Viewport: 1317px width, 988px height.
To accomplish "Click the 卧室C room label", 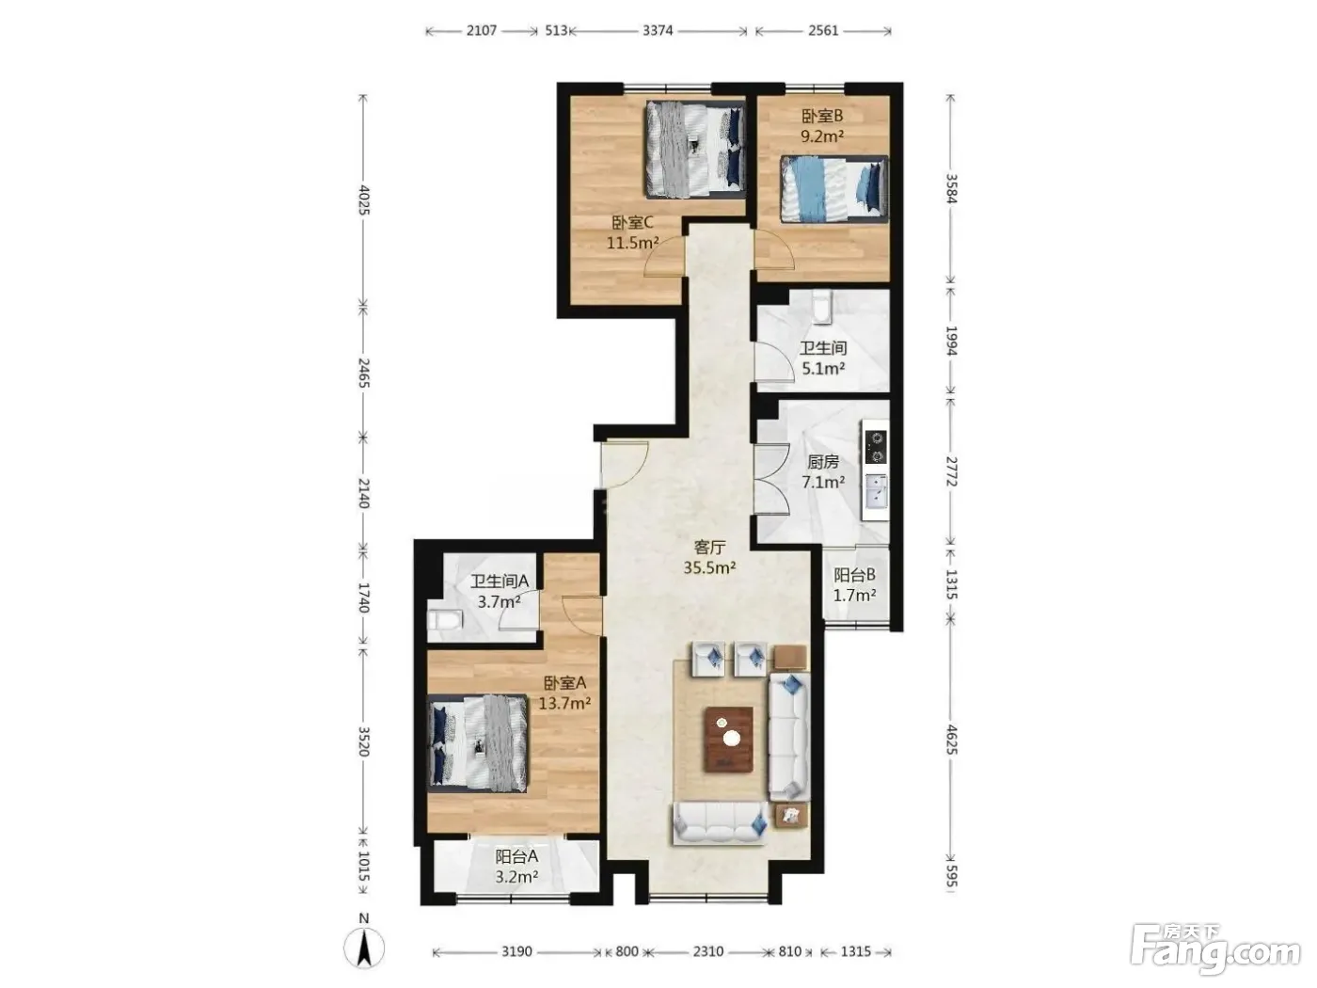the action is pyautogui.click(x=632, y=223).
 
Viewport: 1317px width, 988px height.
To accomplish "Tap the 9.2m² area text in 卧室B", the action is pyautogui.click(x=822, y=136).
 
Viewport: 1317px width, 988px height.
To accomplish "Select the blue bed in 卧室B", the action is pyautogui.click(x=833, y=189).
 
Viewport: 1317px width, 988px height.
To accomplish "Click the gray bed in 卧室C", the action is pyautogui.click(x=695, y=150).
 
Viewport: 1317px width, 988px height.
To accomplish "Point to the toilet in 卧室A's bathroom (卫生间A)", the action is pyautogui.click(x=445, y=620).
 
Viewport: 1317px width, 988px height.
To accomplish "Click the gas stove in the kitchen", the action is pyautogui.click(x=876, y=447).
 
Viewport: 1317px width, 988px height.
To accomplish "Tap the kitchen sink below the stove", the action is pyautogui.click(x=876, y=490).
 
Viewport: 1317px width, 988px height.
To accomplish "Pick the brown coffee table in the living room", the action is pyautogui.click(x=729, y=740).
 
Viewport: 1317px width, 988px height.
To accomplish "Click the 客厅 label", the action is pyautogui.click(x=710, y=547).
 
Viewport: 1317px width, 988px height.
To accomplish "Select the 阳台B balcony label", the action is pyautogui.click(x=854, y=575).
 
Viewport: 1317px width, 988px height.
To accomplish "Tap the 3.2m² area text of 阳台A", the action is pyautogui.click(x=516, y=877).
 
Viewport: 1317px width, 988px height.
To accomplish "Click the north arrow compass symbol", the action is pyautogui.click(x=364, y=948).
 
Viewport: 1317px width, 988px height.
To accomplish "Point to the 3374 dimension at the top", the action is pyautogui.click(x=658, y=31).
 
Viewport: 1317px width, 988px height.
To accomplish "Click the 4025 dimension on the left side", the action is pyautogui.click(x=364, y=200).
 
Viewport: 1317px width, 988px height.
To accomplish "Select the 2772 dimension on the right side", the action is pyautogui.click(x=951, y=471).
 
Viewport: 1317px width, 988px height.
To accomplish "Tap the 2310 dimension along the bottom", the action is pyautogui.click(x=708, y=951).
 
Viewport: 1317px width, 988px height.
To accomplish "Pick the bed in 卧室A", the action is pyautogui.click(x=478, y=744).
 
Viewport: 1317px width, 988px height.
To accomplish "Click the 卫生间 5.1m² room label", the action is pyautogui.click(x=823, y=359).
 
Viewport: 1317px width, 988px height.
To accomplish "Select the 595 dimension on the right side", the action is pyautogui.click(x=951, y=876).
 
